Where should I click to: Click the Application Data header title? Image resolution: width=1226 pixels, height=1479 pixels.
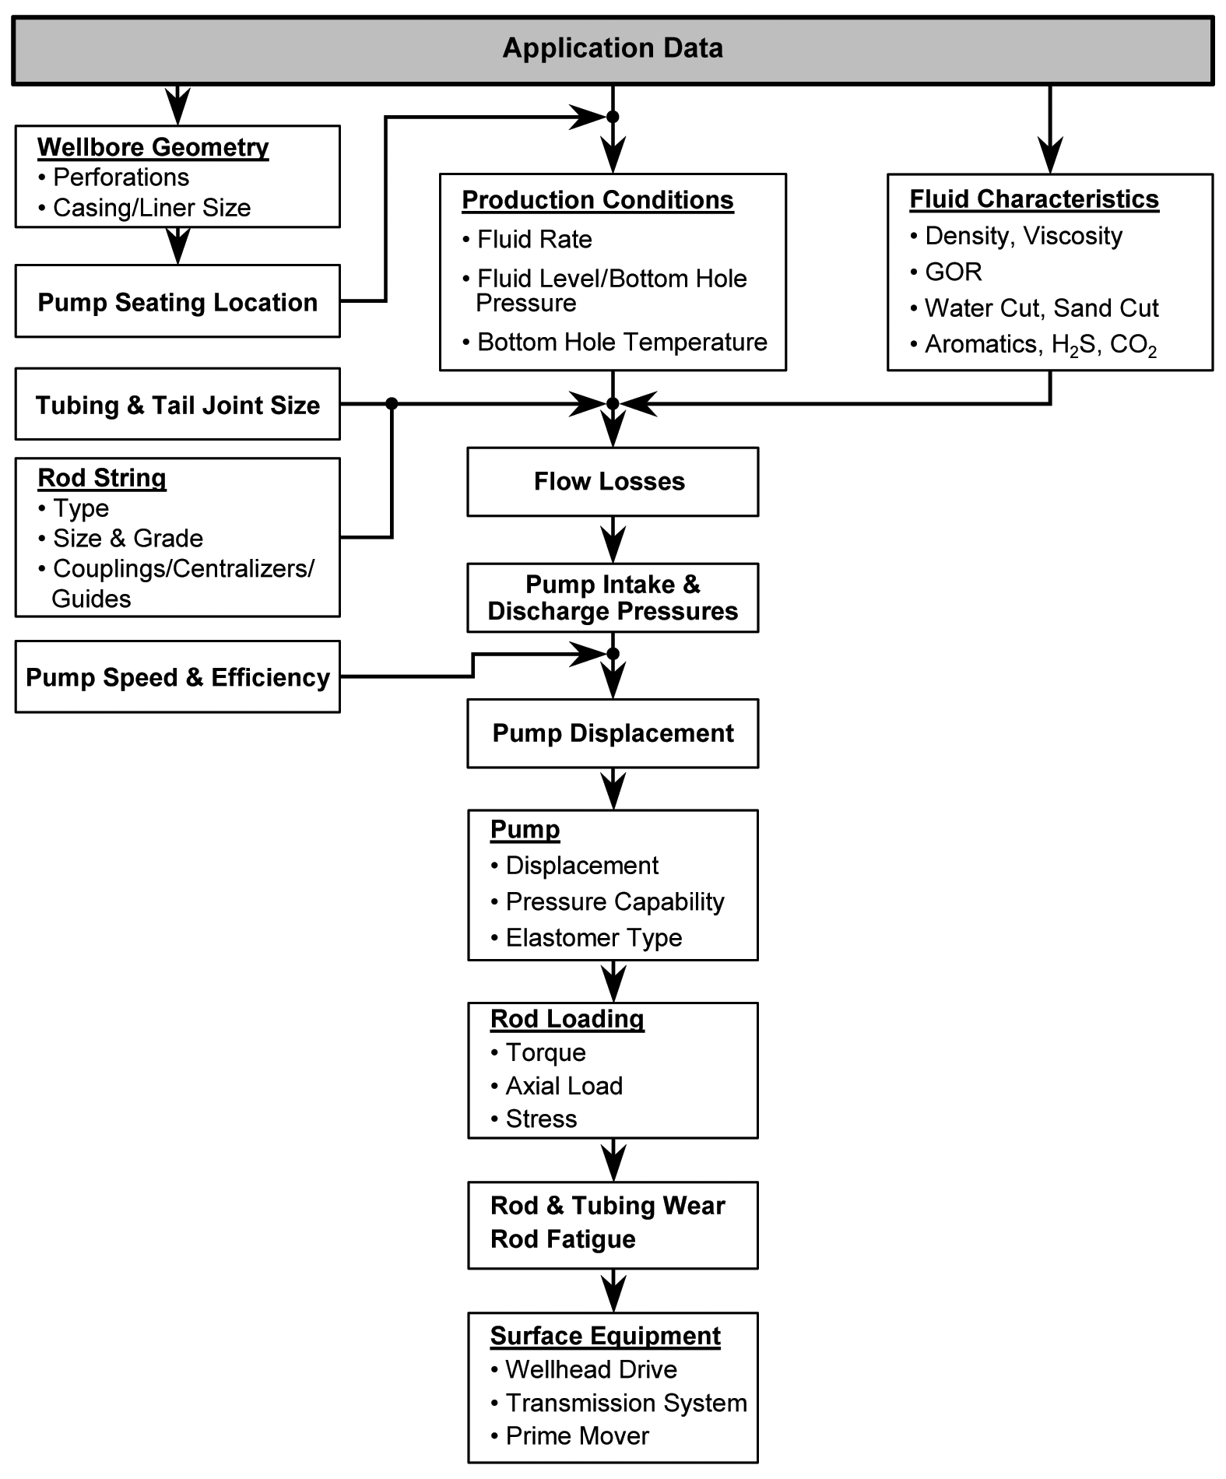coord(613,48)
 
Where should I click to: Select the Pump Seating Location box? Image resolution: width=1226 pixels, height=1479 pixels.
coord(177,302)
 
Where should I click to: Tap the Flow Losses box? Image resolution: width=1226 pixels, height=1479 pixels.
coord(612,482)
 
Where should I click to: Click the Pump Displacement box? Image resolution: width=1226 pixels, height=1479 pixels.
coord(613,733)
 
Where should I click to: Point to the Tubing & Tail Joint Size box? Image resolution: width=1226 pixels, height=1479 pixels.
coord(177,405)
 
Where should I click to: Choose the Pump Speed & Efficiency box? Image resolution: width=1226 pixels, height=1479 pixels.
coord(177,677)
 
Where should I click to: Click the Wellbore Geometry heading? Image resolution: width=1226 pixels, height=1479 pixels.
coord(153,147)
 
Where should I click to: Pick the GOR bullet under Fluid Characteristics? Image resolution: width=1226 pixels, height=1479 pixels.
coord(953,272)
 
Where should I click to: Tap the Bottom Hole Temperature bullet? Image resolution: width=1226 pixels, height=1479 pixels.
coord(621,343)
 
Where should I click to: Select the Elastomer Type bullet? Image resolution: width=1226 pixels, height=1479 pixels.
coord(593,938)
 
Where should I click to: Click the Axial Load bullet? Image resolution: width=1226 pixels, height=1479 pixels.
coord(564,1086)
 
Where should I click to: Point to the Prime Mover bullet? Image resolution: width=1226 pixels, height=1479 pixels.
coord(577,1436)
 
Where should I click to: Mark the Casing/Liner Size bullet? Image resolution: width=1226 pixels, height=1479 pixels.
coord(151,208)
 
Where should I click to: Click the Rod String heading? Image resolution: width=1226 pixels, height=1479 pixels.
coord(102,478)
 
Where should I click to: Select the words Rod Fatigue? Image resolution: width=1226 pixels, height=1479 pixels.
coord(563,1239)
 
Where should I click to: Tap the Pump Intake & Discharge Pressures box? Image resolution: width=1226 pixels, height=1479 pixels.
coord(613,598)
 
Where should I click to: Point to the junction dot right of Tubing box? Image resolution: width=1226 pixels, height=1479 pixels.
coord(392,403)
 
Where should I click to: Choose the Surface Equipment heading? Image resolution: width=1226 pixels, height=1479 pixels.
coord(605,1337)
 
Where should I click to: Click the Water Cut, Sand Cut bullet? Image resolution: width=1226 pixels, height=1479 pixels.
coord(1041,308)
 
